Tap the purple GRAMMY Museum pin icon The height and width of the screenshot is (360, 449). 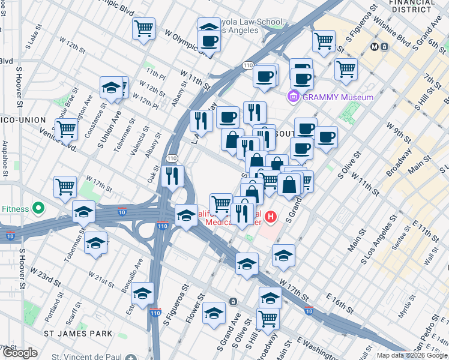pos(294,96)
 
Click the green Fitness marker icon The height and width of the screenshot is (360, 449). pos(39,209)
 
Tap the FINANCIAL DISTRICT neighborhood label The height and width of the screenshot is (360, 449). pos(412,7)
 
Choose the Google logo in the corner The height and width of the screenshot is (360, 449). pos(20,353)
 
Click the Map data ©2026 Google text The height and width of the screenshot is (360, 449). pos(412,355)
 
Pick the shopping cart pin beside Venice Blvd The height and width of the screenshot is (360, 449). pos(66,128)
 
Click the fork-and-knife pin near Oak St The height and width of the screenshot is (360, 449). pos(172,176)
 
